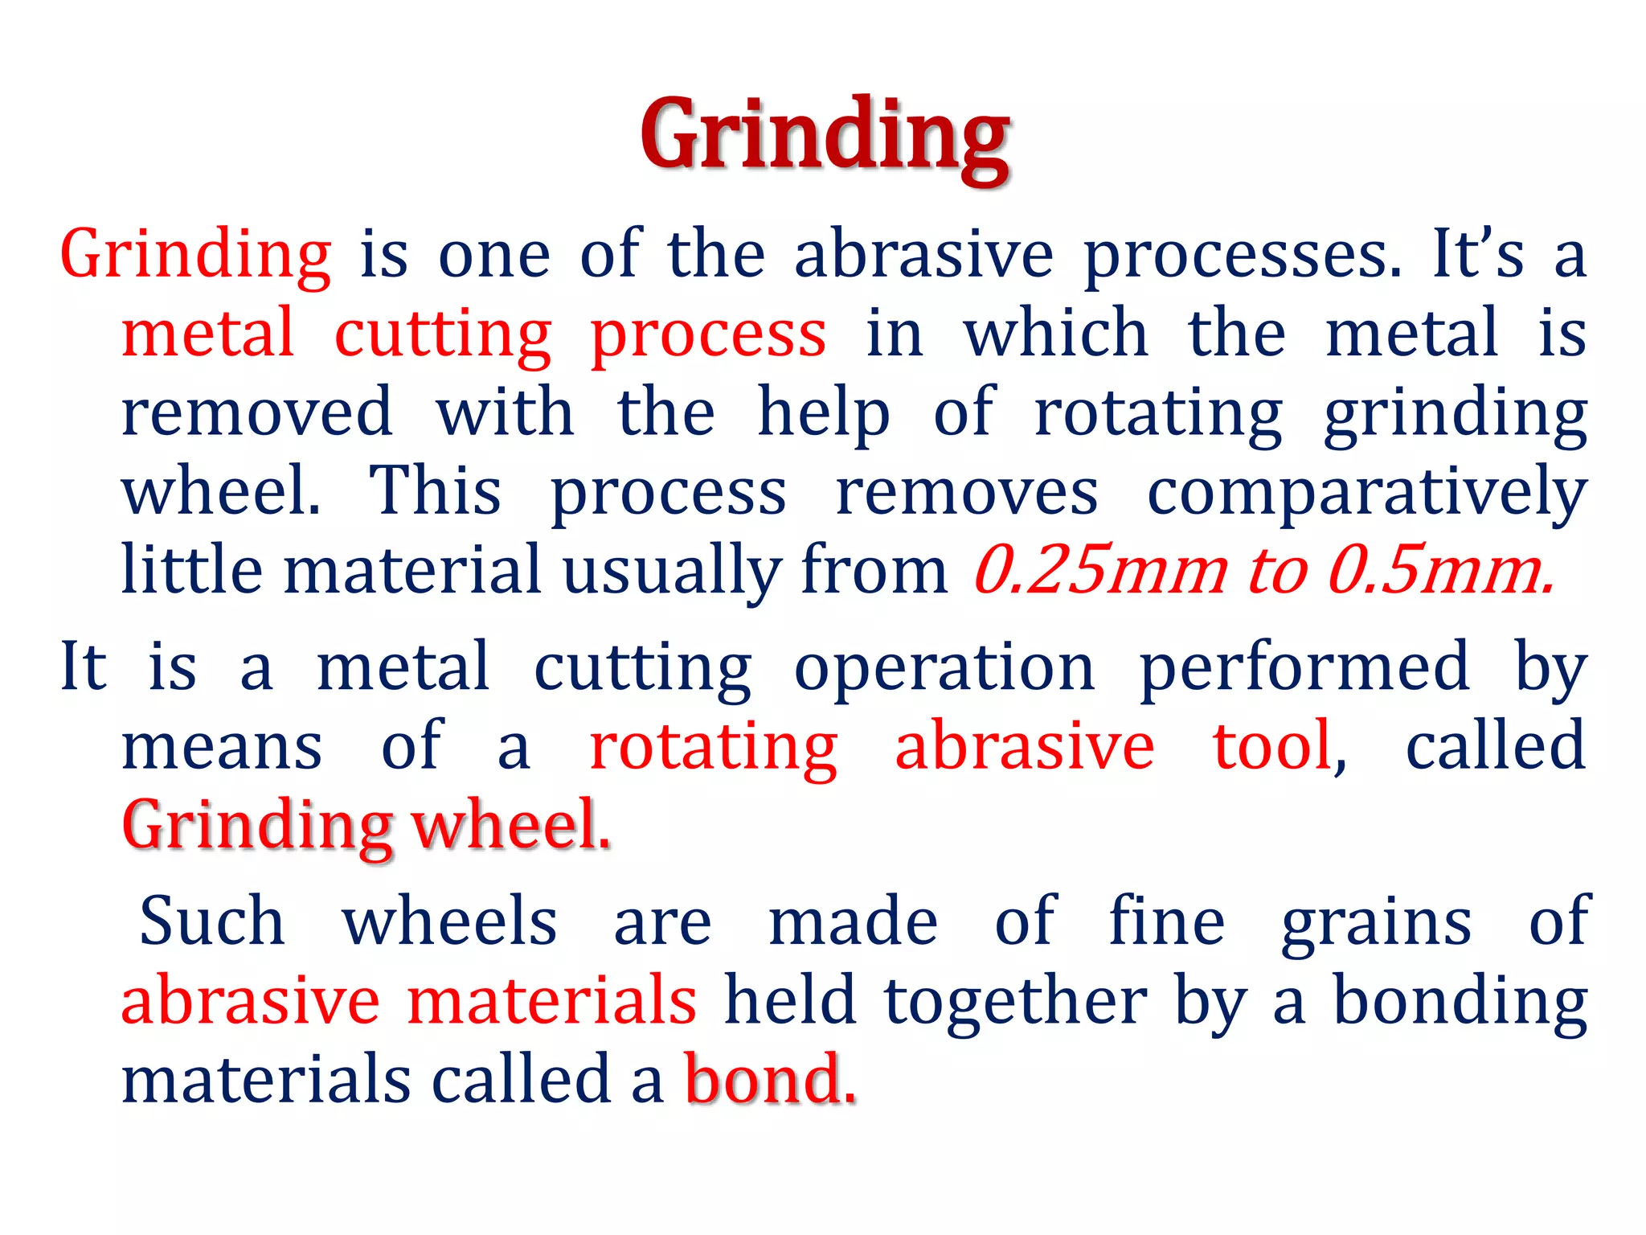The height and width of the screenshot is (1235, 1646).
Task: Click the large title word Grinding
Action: click(x=825, y=135)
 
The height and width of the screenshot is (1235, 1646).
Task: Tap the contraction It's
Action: click(x=1478, y=254)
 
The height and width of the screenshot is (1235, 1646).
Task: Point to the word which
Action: click(x=1056, y=333)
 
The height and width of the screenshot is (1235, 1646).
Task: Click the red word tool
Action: click(x=1272, y=746)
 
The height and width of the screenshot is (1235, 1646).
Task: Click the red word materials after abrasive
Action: click(x=552, y=1001)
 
